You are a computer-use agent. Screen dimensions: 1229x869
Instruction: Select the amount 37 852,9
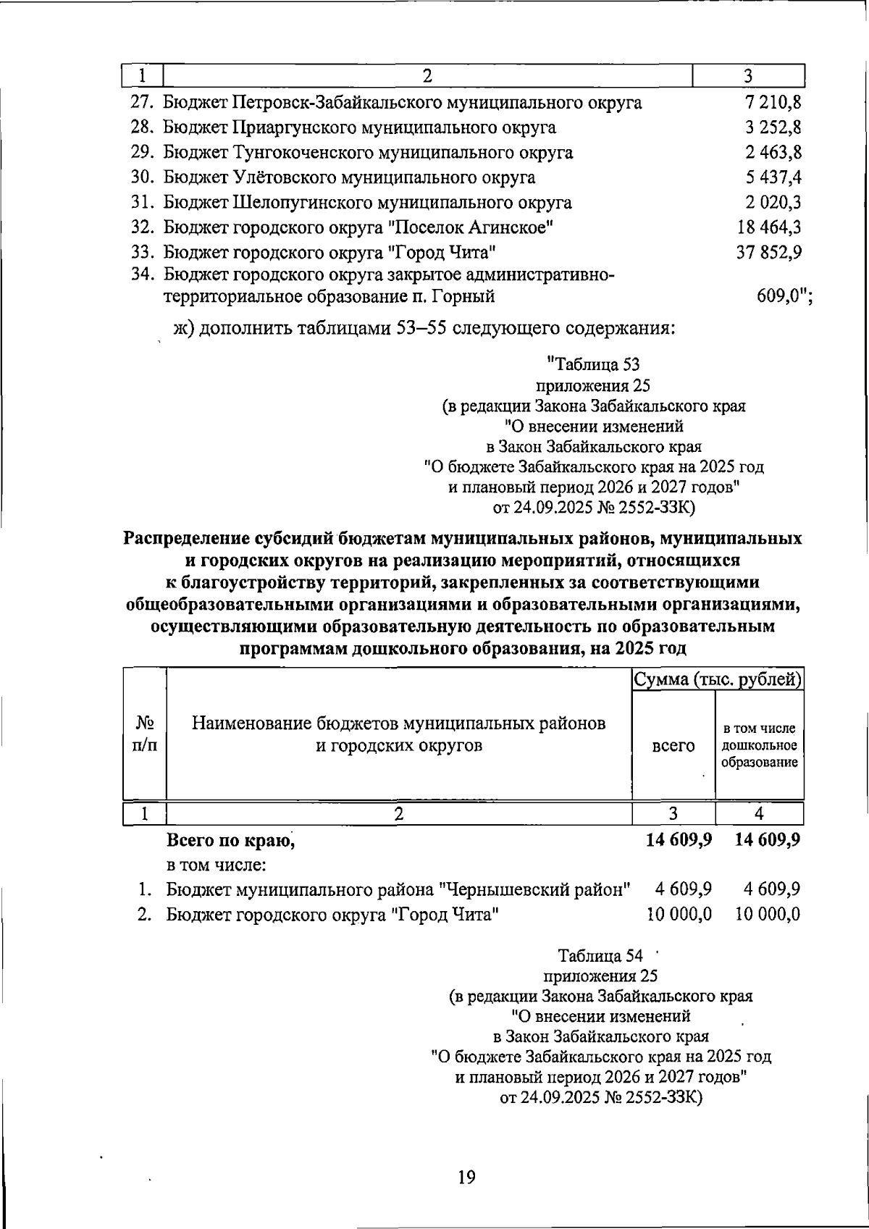(769, 253)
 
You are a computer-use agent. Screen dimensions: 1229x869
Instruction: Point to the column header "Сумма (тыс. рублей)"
(718, 680)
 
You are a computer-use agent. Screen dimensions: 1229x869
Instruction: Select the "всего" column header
(673, 746)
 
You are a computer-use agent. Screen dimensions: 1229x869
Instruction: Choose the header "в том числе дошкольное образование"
(759, 745)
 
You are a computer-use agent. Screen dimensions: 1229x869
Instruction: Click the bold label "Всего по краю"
(230, 840)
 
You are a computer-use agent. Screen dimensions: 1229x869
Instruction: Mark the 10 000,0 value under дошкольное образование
(768, 915)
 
